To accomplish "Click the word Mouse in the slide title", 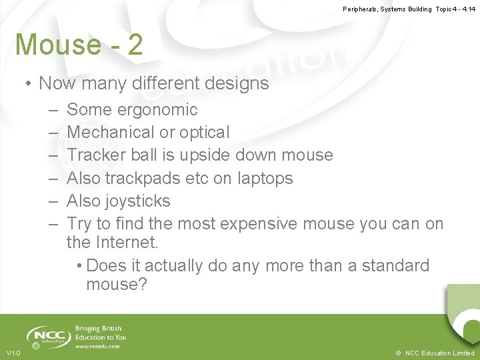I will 58,45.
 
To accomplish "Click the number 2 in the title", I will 135,45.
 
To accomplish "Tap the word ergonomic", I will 157,109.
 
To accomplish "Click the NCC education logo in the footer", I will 49,336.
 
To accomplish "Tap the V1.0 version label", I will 13,353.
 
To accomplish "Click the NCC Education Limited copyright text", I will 439,353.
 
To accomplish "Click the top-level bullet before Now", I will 29,83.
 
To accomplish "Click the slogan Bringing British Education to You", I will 101,333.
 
